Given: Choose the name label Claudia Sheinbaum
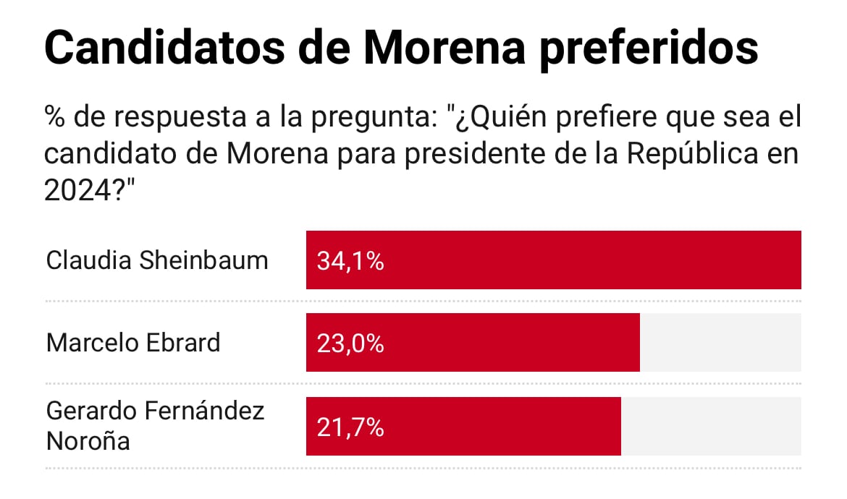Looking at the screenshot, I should pyautogui.click(x=156, y=260).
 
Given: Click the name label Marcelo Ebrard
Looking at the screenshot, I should pyautogui.click(x=133, y=342).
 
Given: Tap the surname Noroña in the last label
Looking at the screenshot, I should pyautogui.click(x=88, y=440).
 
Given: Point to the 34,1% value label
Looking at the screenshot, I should pyautogui.click(x=350, y=261).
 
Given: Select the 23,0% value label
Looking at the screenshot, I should pyautogui.click(x=350, y=344).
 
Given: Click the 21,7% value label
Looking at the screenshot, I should pyautogui.click(x=350, y=427).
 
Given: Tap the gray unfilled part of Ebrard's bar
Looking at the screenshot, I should pyautogui.click(x=720, y=343).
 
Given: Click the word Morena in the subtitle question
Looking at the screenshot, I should pyautogui.click(x=270, y=154).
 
